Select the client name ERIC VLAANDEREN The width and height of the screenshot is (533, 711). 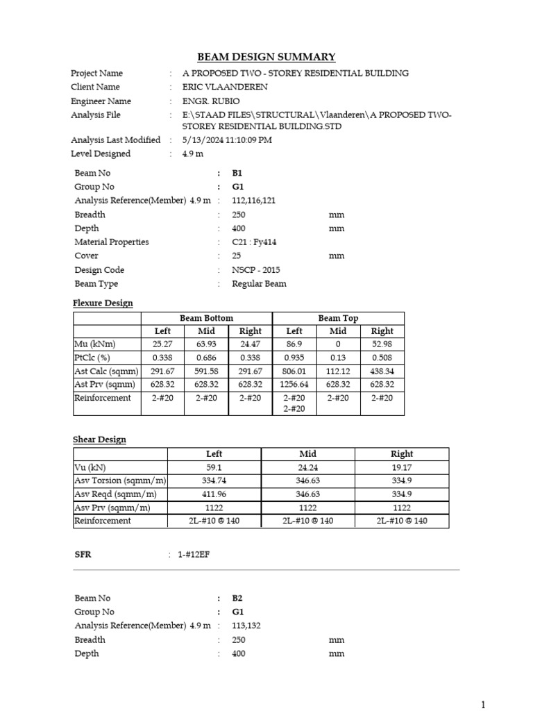(224, 87)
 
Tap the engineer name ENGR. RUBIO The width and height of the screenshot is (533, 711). (215, 101)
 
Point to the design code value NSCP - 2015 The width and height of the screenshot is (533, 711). (257, 270)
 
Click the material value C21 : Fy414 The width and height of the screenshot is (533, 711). (255, 242)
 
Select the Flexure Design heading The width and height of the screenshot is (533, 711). (103, 303)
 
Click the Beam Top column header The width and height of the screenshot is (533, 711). (338, 318)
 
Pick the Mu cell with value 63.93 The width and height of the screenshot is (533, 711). (207, 344)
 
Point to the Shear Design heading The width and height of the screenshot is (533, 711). (99, 440)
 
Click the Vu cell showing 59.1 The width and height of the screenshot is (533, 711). (214, 467)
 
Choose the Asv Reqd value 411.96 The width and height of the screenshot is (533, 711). (214, 494)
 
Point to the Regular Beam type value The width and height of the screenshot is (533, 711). (259, 284)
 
